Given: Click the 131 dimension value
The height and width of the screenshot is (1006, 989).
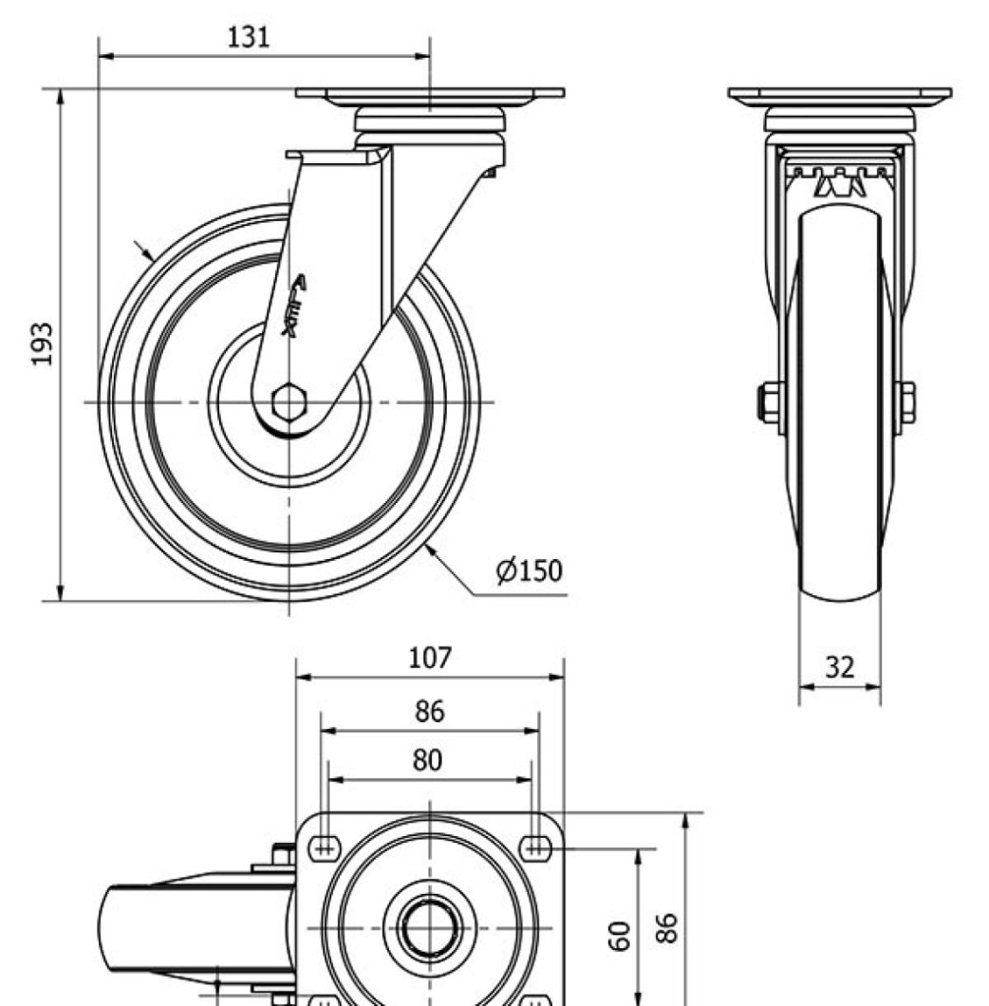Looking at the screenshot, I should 249,37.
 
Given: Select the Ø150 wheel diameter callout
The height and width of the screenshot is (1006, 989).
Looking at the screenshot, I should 529,570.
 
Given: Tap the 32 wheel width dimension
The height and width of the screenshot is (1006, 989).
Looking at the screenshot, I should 839,667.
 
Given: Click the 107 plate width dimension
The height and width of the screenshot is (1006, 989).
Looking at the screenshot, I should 430,658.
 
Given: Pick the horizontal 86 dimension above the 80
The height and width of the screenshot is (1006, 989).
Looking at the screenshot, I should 430,711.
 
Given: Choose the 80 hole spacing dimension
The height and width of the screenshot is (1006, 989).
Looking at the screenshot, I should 430,760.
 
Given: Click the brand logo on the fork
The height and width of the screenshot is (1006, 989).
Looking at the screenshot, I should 295,304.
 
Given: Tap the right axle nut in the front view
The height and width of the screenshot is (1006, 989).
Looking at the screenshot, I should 907,401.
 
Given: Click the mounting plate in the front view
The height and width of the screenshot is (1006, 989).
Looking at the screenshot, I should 839,95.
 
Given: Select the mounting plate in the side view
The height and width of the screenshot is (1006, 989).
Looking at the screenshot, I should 429,94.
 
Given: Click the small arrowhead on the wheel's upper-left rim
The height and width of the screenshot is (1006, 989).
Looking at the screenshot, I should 149,254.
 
